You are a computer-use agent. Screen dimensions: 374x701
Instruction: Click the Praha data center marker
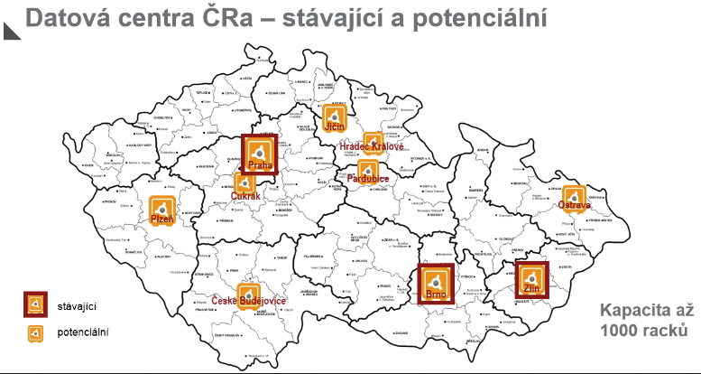[x=260, y=152]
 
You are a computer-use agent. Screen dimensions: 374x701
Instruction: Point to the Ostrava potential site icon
[x=575, y=197]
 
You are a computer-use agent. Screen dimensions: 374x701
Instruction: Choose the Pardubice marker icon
[x=367, y=170]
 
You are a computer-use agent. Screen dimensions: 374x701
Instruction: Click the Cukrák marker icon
[x=243, y=182]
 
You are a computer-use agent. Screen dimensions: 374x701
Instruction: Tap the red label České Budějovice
[x=249, y=301]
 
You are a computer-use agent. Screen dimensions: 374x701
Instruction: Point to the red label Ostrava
[x=575, y=206]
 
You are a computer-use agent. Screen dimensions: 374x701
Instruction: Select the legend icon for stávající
[x=35, y=306]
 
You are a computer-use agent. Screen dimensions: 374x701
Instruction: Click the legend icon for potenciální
[x=35, y=333]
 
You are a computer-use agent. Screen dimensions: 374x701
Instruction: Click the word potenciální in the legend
[x=83, y=333]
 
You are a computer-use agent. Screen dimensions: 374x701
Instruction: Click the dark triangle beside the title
[x=12, y=30]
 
